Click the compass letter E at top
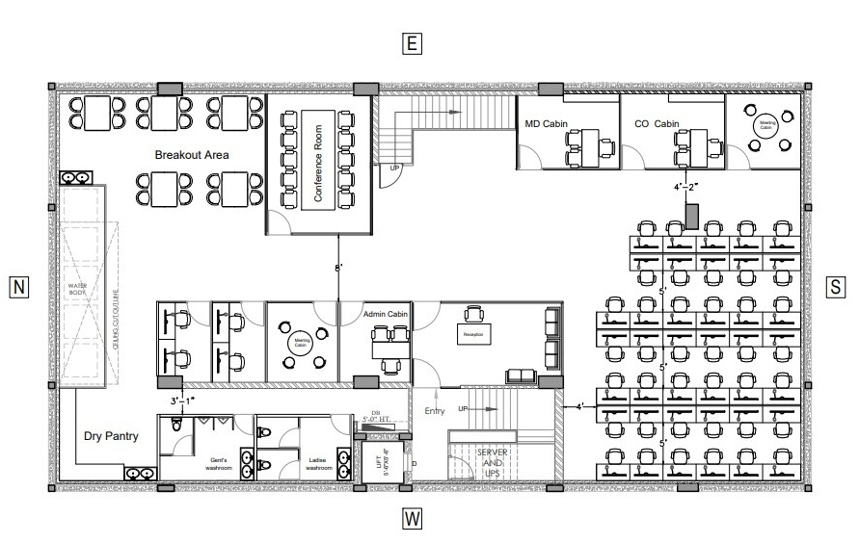(x=412, y=43)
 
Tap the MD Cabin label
(x=546, y=124)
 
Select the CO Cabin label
(x=658, y=124)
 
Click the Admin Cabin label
(x=388, y=315)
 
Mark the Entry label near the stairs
(x=436, y=411)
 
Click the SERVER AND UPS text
(x=492, y=463)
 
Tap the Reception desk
(x=473, y=333)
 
